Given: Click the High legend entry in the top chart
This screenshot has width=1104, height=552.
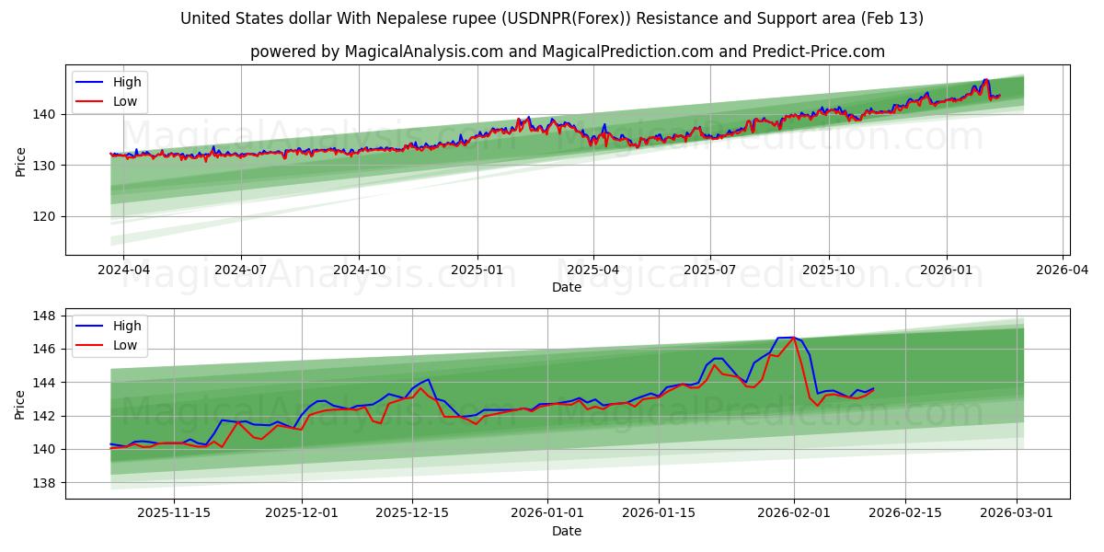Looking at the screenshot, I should point(127,82).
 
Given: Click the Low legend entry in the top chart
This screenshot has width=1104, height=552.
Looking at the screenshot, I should point(125,101).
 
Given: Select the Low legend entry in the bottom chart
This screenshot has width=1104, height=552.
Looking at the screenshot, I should point(125,345).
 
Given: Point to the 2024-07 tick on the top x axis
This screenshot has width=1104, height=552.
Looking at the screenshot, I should point(241,270).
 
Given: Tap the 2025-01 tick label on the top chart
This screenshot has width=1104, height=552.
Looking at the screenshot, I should point(477,270).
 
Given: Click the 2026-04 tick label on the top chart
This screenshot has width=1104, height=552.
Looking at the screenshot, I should point(1064,270).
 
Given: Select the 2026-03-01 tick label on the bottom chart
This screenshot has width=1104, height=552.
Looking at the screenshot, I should point(1018,513).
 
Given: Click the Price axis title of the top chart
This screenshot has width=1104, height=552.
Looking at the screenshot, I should point(20,162).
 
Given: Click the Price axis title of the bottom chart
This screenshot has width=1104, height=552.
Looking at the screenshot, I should point(20,405).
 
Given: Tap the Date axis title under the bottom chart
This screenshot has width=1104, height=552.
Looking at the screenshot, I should point(567,531).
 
